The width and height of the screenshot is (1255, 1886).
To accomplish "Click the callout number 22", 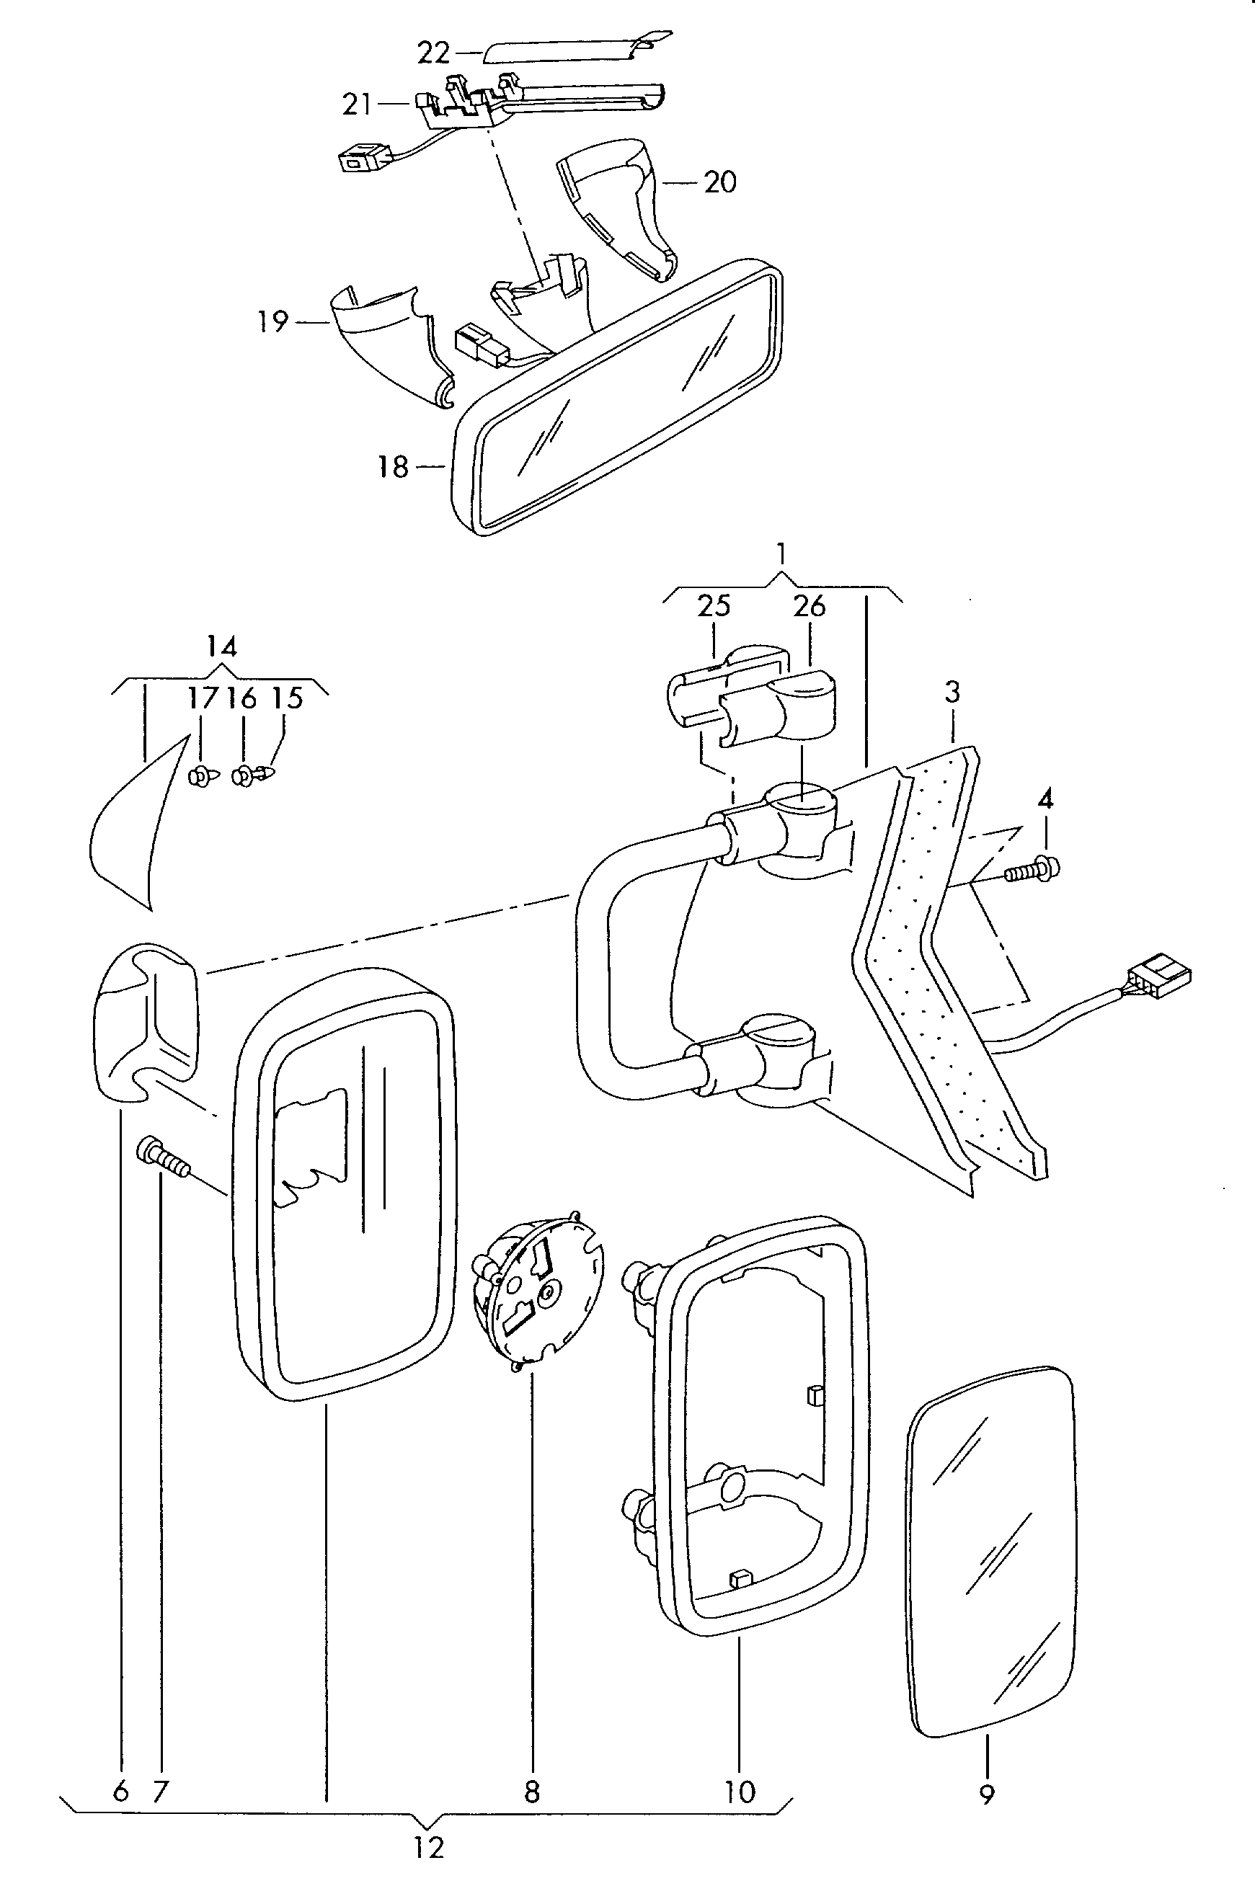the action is click(x=435, y=53).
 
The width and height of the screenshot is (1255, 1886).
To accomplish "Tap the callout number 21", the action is click(x=357, y=104).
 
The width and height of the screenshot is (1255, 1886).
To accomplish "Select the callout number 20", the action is click(x=719, y=182).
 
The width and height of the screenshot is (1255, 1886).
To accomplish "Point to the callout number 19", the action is click(x=273, y=321).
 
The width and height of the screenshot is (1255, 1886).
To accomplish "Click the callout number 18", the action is click(x=393, y=466).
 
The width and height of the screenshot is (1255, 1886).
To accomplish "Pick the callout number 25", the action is click(x=713, y=606).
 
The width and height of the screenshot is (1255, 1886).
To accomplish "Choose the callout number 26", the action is click(x=810, y=606).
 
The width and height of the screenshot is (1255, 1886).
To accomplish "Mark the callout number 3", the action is click(x=952, y=691).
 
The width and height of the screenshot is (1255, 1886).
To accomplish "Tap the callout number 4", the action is click(x=1045, y=799).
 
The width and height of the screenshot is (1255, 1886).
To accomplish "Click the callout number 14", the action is click(x=222, y=646).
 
